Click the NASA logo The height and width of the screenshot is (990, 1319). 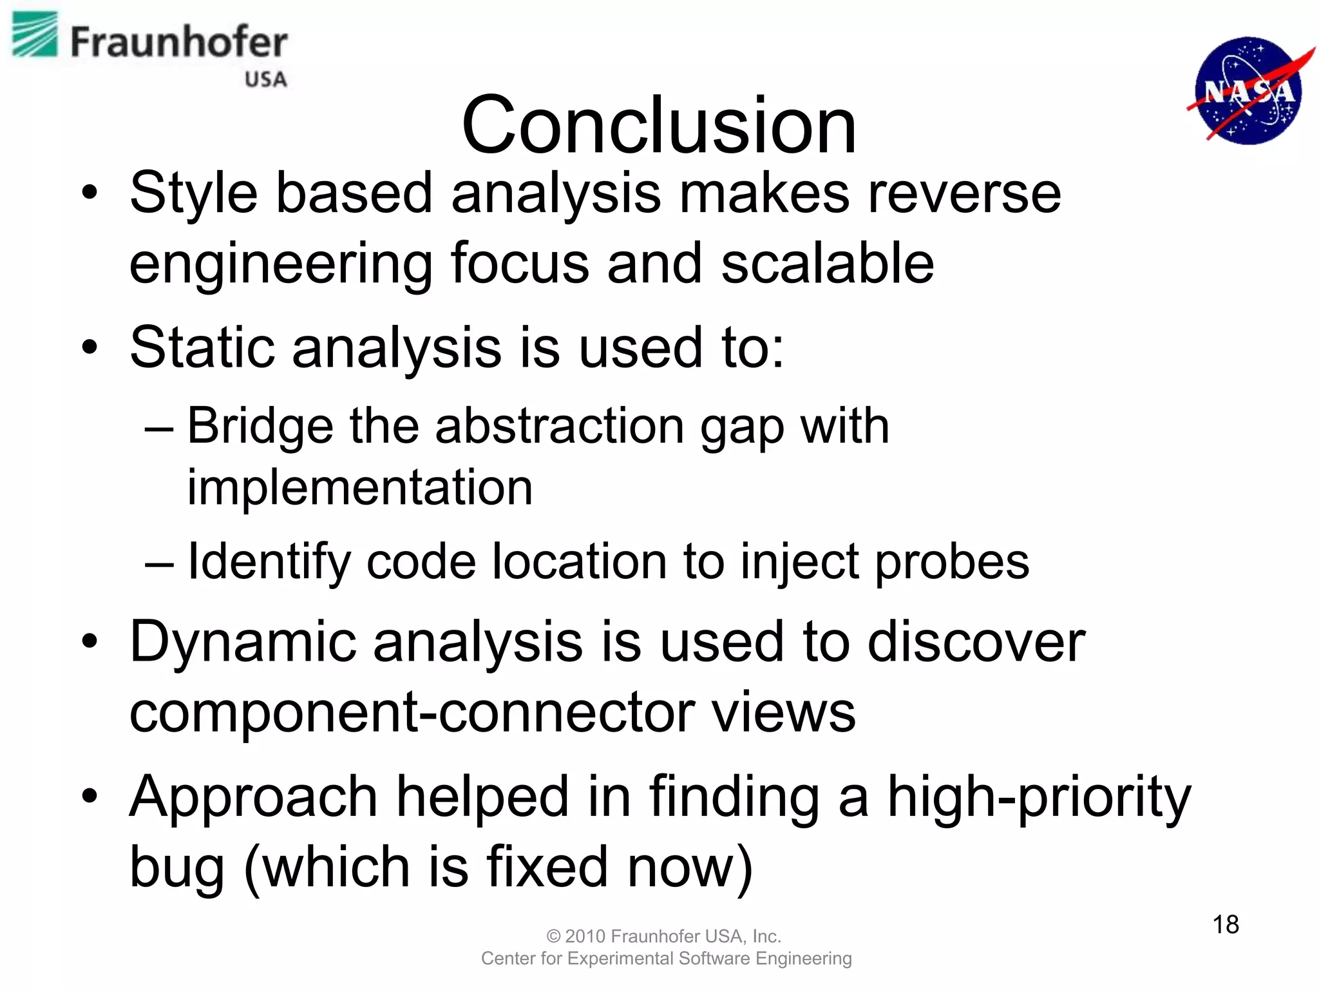point(1248,90)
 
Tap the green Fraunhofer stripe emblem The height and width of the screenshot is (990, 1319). point(35,34)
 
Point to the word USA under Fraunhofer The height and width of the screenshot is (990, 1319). point(265,79)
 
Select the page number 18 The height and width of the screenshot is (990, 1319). point(1226,924)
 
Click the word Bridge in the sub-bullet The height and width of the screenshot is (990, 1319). point(260,426)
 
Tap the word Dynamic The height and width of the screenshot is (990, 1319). point(243,642)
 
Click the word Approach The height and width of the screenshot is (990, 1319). point(253,797)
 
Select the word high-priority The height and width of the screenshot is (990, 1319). point(1039,797)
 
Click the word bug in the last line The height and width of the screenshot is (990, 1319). point(176,868)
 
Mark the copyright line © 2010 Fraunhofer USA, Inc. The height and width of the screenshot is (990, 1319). point(664,936)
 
